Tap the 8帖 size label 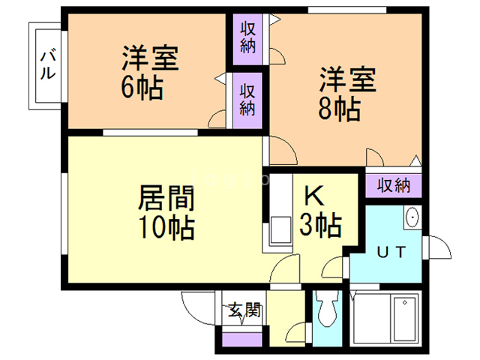[x=338, y=109]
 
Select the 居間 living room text [x=166, y=199]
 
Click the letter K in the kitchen [x=313, y=196]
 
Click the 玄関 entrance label [x=244, y=310]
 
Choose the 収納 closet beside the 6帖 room [x=247, y=98]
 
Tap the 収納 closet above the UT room [x=393, y=184]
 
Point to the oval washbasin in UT [x=412, y=217]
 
